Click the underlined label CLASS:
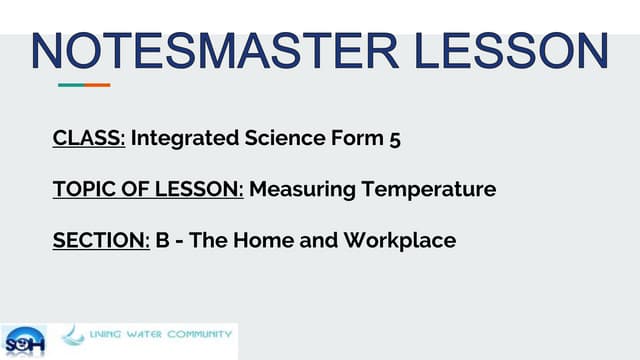(89, 139)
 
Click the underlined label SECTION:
(101, 240)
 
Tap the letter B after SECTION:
(161, 240)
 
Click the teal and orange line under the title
(84, 85)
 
